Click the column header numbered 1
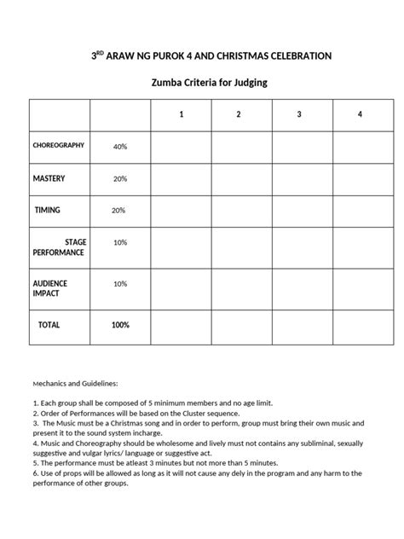point(181,114)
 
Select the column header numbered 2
point(239,114)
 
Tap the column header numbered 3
point(299,114)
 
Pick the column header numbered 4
point(360,114)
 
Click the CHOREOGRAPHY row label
point(59,146)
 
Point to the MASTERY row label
point(49,178)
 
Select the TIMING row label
point(47,210)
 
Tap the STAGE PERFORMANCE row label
point(59,247)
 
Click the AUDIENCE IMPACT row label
point(50,288)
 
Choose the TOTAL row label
point(48,325)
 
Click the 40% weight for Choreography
point(120,147)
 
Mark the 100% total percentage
point(120,325)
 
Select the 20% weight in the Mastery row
point(120,178)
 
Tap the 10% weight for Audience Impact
point(120,283)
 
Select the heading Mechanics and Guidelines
point(76,384)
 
